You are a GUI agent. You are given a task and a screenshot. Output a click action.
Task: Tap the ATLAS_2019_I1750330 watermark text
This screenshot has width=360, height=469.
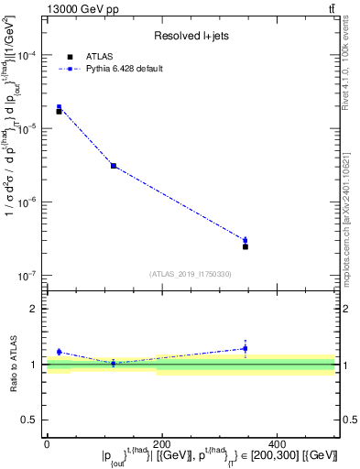[191, 274]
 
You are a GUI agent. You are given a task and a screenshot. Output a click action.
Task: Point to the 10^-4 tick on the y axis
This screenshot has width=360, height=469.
[31, 55]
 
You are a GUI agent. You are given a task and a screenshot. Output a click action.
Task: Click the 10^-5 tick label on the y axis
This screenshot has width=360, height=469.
[31, 128]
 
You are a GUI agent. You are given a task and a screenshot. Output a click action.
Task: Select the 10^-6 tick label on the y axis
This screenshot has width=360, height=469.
[31, 202]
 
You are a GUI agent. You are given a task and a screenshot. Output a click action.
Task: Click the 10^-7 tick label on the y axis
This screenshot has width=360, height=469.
[31, 275]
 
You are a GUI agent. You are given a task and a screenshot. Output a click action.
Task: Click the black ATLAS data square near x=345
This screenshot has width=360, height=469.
[245, 246]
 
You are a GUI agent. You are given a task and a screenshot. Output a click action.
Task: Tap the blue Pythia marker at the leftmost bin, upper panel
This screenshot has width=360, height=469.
[60, 107]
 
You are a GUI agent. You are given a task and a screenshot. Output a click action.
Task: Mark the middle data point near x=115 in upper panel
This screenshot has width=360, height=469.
[113, 166]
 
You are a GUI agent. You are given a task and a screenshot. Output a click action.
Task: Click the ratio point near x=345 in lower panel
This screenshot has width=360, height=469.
[245, 348]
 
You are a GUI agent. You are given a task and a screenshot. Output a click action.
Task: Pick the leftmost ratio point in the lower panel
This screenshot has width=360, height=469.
[60, 352]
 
